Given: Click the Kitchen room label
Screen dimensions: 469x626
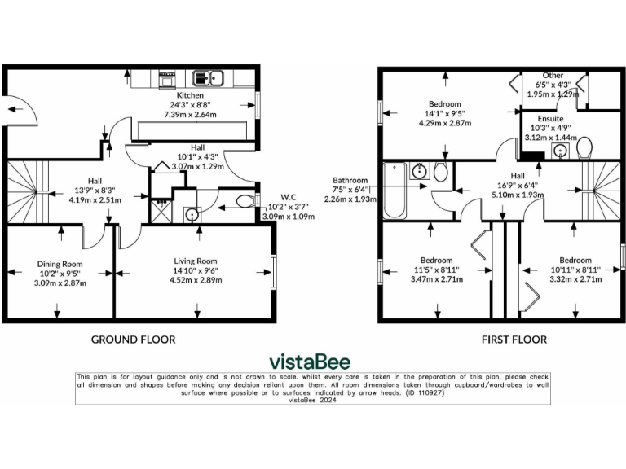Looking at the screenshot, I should [179, 95].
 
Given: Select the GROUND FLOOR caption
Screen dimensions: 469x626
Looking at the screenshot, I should [133, 339].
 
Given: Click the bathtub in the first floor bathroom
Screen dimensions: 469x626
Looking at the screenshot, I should [395, 192].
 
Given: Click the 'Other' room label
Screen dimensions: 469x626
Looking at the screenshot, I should [553, 76].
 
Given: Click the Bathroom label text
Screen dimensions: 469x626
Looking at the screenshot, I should [350, 181].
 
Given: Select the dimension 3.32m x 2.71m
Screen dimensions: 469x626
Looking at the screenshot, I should [575, 279].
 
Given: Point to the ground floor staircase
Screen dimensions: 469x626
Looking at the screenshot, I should [24, 192].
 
